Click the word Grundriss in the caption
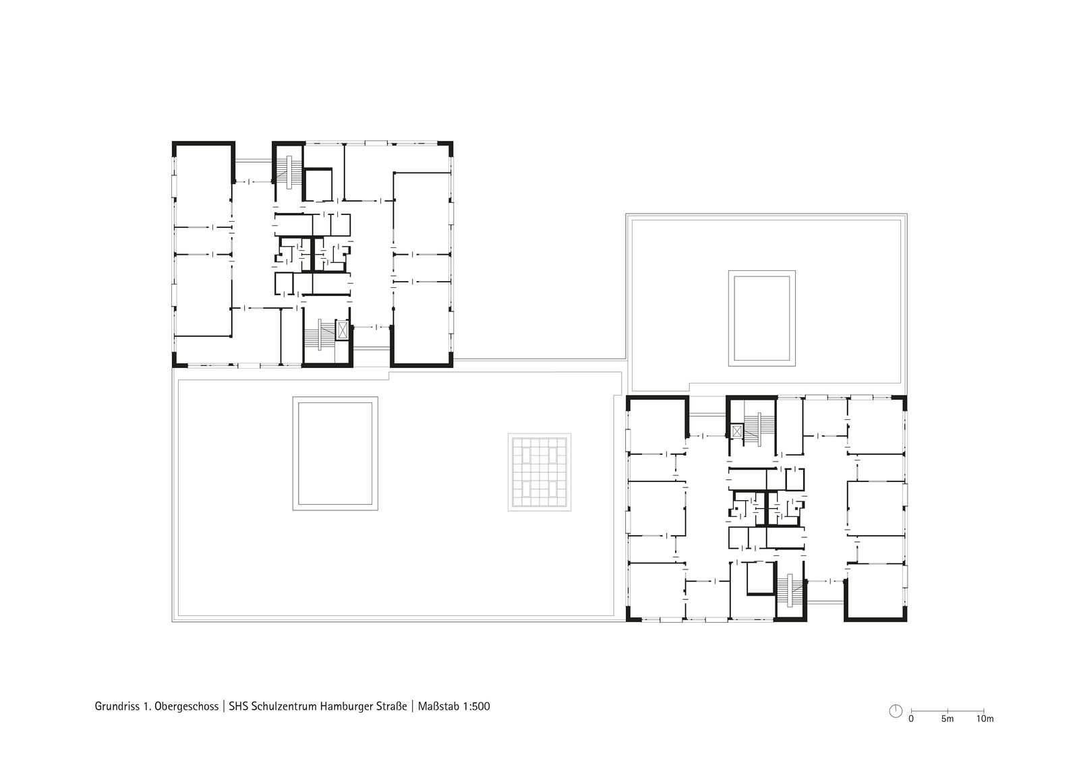(117, 706)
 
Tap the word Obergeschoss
(186, 706)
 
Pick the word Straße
(390, 706)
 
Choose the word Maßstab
(438, 706)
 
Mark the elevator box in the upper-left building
(343, 330)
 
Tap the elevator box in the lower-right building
(736, 431)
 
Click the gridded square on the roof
(539, 472)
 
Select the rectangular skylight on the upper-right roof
(761, 318)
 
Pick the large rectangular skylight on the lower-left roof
(335, 454)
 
